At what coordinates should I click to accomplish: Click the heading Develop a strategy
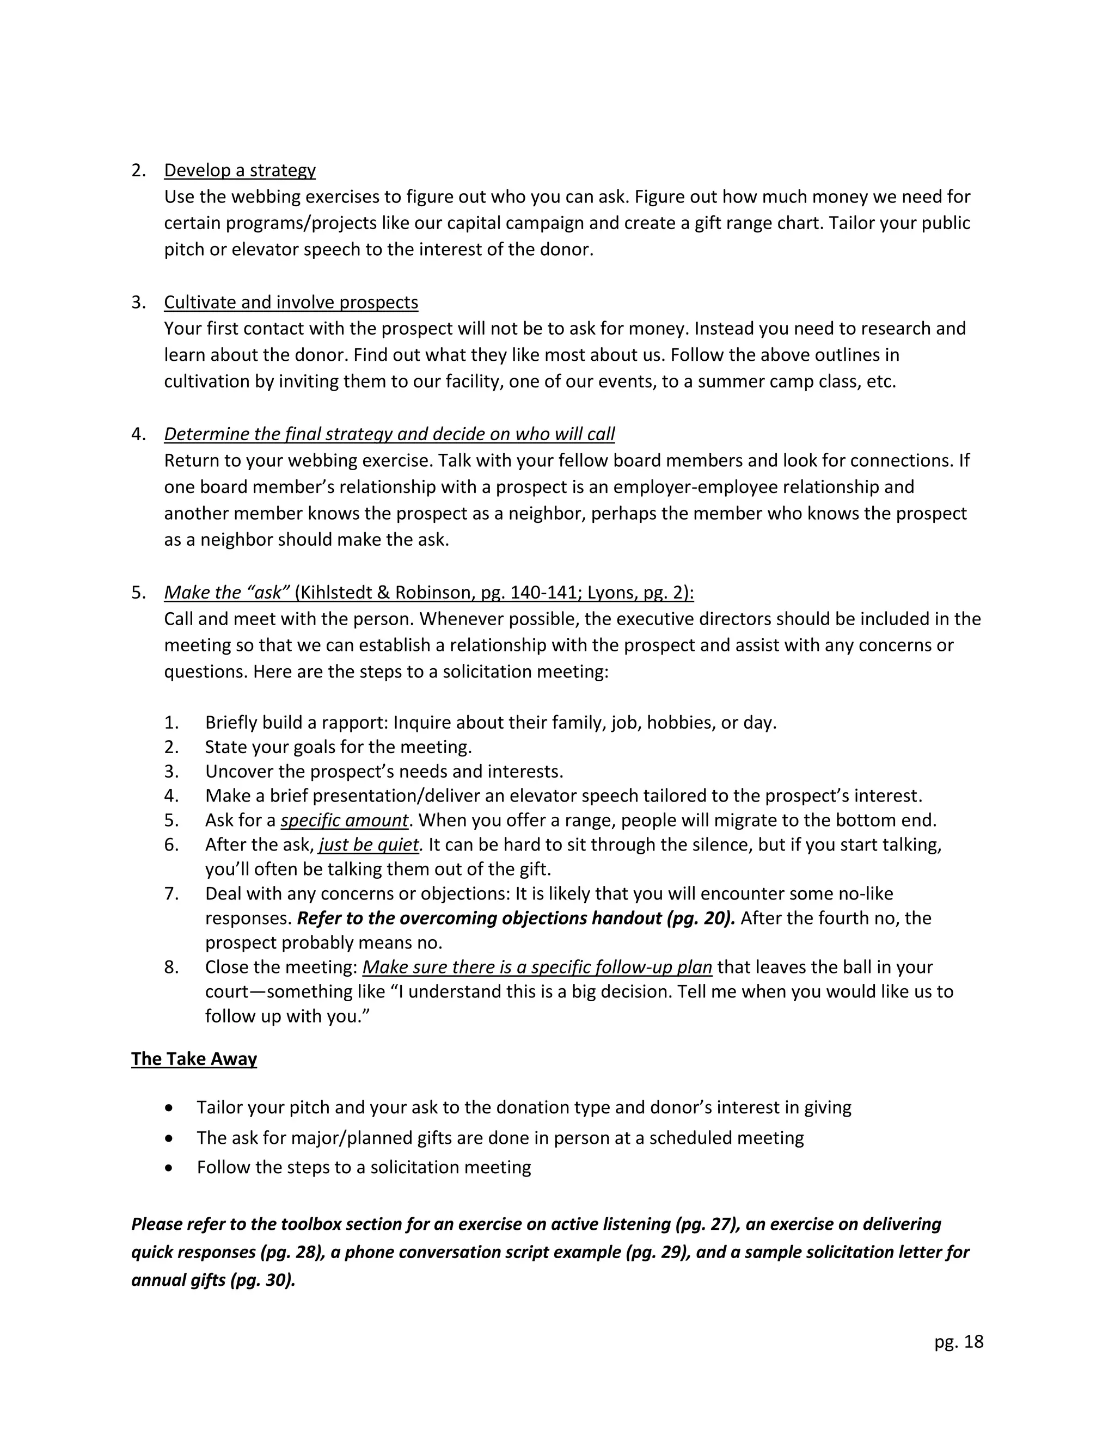tap(239, 170)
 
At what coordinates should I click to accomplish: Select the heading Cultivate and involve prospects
tap(291, 303)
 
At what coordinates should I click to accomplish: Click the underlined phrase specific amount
tap(344, 820)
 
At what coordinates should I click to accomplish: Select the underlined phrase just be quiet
tap(369, 845)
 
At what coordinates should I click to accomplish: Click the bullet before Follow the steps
tap(170, 1167)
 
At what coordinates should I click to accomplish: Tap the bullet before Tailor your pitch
tap(170, 1107)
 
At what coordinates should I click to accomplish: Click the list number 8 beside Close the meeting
tap(171, 968)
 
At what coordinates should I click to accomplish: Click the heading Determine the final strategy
tap(389, 434)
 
